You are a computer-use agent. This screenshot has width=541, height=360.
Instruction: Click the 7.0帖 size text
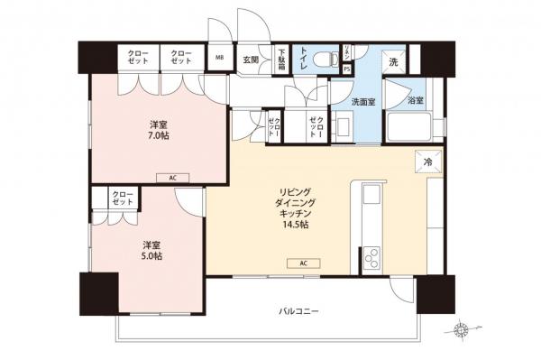pyautogui.click(x=158, y=135)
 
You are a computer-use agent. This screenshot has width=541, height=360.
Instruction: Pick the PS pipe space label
pyautogui.click(x=347, y=69)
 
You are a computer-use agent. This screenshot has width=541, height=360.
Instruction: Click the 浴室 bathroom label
pyautogui.click(x=416, y=101)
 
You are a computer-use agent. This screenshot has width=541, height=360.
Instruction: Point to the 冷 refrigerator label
pyautogui.click(x=427, y=162)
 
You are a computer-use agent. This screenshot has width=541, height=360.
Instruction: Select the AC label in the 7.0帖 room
pyautogui.click(x=173, y=178)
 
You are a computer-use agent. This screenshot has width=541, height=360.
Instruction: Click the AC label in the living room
pyautogui.click(x=305, y=263)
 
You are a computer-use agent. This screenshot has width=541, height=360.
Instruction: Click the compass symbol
pyautogui.click(x=463, y=330)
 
